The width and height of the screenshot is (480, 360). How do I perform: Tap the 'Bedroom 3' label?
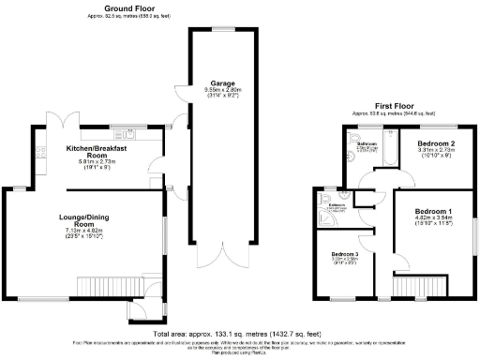pyautogui.click(x=344, y=254)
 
